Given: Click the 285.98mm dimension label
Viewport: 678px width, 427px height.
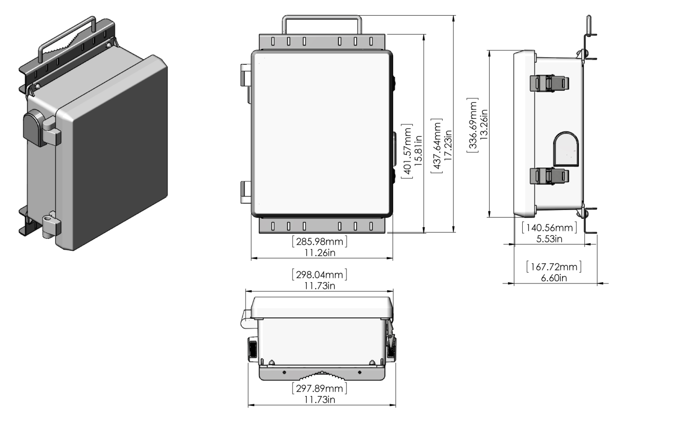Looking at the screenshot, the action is (x=319, y=242).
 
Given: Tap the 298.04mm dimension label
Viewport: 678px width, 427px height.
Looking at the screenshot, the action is (x=319, y=275).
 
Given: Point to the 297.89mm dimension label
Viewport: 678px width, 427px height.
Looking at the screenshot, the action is (x=319, y=388).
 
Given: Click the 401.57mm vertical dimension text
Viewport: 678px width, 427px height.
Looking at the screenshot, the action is (x=407, y=151).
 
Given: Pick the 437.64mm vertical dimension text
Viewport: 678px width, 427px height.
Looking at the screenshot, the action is (x=437, y=146).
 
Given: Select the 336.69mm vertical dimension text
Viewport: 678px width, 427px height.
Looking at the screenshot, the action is (x=473, y=125).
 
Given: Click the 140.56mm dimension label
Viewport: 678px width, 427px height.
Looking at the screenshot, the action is (x=549, y=228).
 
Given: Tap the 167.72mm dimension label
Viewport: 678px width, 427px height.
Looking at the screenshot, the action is (x=554, y=267).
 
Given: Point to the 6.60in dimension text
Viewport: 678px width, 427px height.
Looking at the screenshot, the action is (x=554, y=278).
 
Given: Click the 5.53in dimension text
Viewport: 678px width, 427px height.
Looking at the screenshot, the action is (x=549, y=239).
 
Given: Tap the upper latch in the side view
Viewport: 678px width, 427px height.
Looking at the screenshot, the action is (x=549, y=83).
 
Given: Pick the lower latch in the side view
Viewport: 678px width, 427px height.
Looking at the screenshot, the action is (x=549, y=176).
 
